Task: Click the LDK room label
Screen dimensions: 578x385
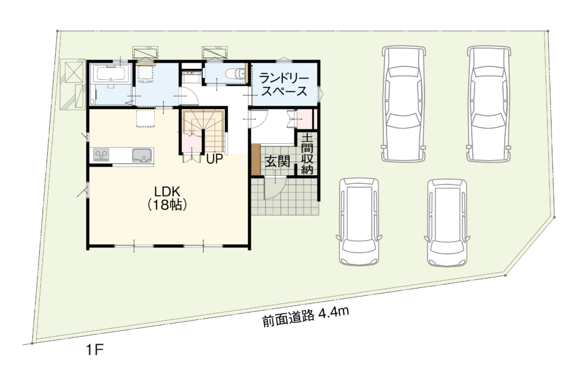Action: click(167, 191)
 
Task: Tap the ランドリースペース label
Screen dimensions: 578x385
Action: click(284, 84)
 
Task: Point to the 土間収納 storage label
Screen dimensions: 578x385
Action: click(307, 154)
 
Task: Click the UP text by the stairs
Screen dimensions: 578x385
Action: click(215, 159)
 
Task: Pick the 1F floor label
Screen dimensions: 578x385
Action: click(95, 349)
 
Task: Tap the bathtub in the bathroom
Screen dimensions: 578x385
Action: click(112, 74)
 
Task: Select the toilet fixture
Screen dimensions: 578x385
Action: click(235, 74)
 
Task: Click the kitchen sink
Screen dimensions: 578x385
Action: click(142, 155)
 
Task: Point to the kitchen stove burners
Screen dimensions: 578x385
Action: click(101, 155)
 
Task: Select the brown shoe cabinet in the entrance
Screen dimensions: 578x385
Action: click(256, 160)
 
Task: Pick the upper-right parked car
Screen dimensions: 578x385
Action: click(489, 103)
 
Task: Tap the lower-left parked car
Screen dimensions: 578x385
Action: click(359, 222)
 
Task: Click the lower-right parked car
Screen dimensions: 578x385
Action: click(447, 222)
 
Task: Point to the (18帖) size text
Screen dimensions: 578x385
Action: click(167, 205)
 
